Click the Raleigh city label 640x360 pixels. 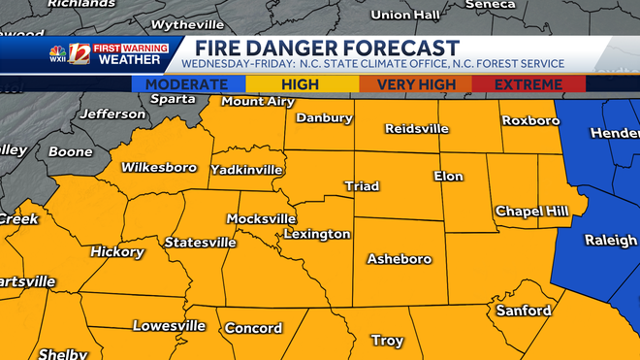pos(610,240)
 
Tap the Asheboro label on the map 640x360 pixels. pos(399,259)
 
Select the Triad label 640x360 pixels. pos(362,185)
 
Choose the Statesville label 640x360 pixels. pos(201,242)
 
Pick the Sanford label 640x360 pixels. pos(523,311)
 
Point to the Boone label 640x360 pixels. pos(70,152)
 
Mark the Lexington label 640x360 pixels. pos(317,234)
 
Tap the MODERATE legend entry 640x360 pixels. pos(188,84)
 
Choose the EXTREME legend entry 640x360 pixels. pos(528,84)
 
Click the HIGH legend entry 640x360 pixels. pos(301,84)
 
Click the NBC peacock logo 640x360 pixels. pos(59,54)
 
